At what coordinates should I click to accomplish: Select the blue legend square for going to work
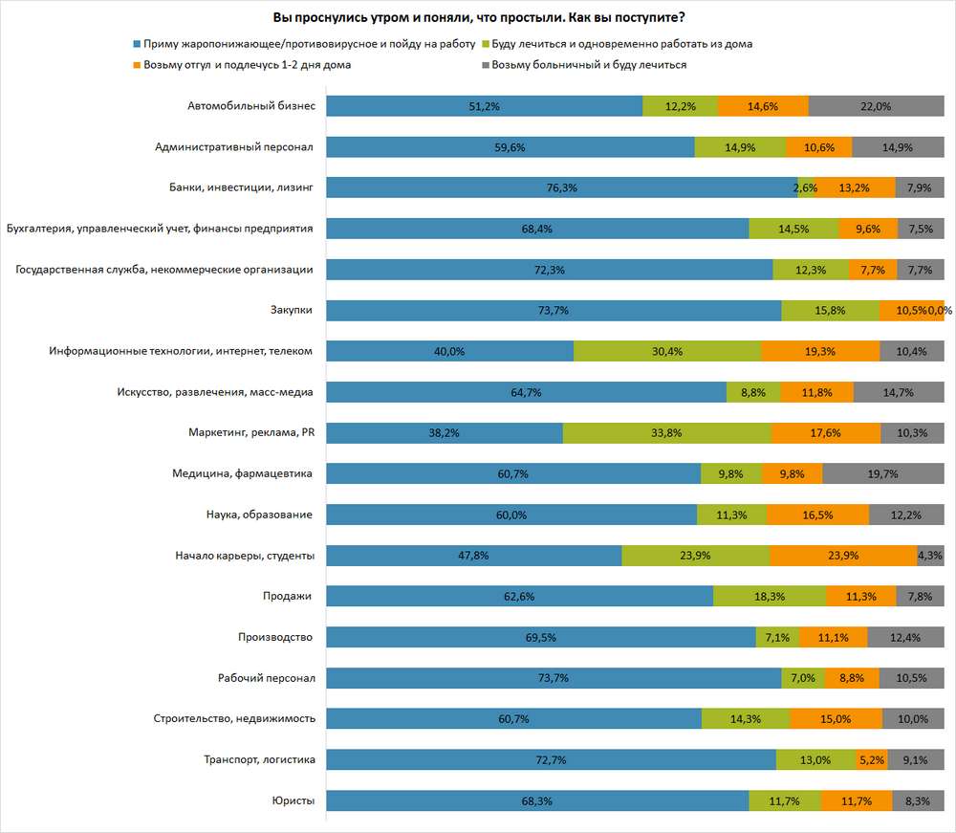[139, 44]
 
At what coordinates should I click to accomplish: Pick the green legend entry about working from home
[621, 44]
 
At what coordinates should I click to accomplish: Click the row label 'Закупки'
[293, 310]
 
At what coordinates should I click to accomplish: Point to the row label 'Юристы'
[294, 800]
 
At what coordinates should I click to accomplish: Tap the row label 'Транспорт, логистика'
[258, 759]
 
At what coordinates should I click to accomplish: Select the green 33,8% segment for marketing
[666, 433]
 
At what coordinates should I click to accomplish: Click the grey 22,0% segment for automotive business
[876, 106]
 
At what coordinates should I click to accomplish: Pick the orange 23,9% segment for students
[843, 556]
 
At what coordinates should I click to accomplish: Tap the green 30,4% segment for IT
[666, 351]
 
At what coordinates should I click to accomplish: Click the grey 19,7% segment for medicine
[882, 473]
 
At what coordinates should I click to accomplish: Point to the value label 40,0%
[449, 352]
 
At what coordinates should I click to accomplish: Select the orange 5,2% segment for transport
[872, 760]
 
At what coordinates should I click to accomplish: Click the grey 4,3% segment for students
[930, 556]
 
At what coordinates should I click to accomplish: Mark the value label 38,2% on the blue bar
[445, 433]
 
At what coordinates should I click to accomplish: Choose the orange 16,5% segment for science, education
[817, 515]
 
